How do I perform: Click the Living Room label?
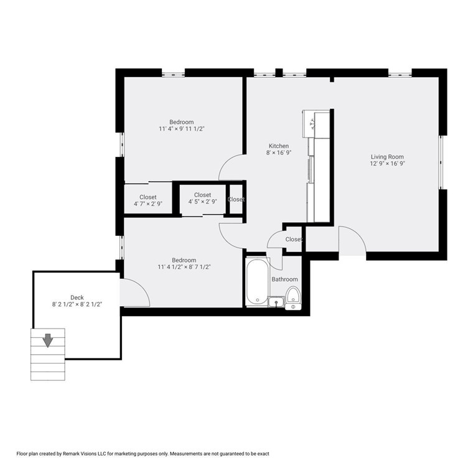[387, 157]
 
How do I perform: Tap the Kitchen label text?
[278, 146]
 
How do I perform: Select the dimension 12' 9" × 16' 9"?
[387, 164]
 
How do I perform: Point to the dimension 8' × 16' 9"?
[278, 153]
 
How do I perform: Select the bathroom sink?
[276, 302]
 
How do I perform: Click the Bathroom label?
[284, 279]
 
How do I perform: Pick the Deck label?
[77, 297]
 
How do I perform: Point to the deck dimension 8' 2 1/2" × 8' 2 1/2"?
[77, 305]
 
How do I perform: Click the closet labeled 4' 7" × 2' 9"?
[148, 200]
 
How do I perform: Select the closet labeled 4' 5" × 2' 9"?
[202, 199]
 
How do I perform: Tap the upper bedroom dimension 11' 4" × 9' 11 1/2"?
[181, 129]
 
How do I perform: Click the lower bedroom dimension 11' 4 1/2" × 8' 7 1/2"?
[184, 268]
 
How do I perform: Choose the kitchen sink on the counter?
[309, 124]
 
